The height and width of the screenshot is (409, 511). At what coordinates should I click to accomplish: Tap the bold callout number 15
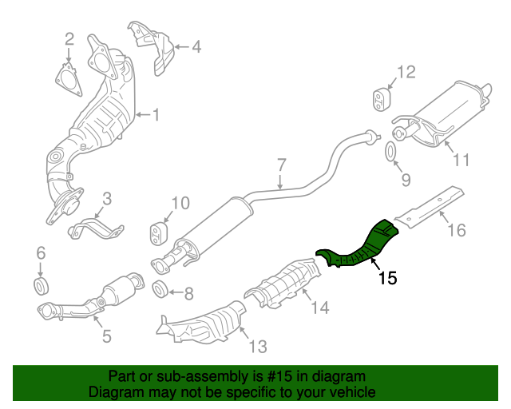pos(386,279)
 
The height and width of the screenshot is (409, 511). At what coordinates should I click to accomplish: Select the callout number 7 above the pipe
pos(281,165)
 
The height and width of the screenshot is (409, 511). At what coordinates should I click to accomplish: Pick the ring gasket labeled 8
pos(160,288)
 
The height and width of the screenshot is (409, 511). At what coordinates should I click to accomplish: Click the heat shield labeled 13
pos(204,323)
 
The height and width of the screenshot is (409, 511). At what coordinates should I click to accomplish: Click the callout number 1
pos(156,116)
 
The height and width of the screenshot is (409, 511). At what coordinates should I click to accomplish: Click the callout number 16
pos(455,231)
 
